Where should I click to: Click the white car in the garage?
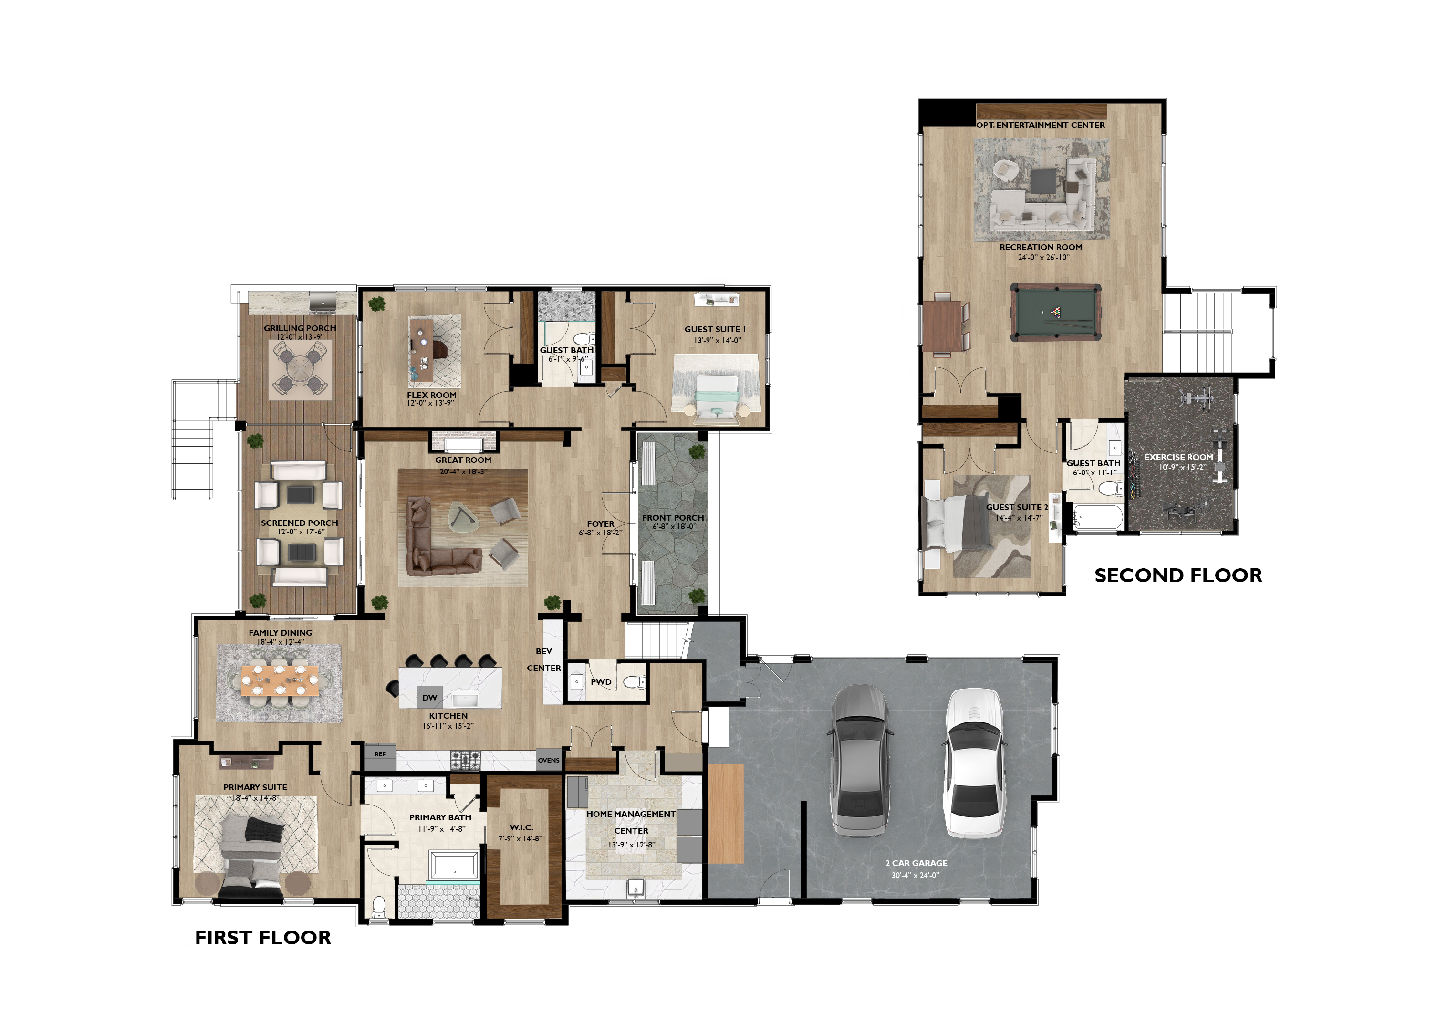tap(972, 763)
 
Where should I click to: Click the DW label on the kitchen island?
tap(430, 698)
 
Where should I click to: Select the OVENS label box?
tap(548, 760)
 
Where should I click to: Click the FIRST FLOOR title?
tap(263, 938)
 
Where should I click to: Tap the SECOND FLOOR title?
tap(1178, 575)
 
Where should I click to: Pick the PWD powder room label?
tap(601, 681)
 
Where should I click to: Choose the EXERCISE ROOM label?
tap(1178, 457)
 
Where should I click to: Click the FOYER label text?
tap(601, 524)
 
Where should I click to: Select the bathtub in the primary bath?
tap(454, 866)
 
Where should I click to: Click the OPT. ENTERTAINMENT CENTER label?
tap(1041, 125)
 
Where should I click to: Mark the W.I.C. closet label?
tap(521, 827)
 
